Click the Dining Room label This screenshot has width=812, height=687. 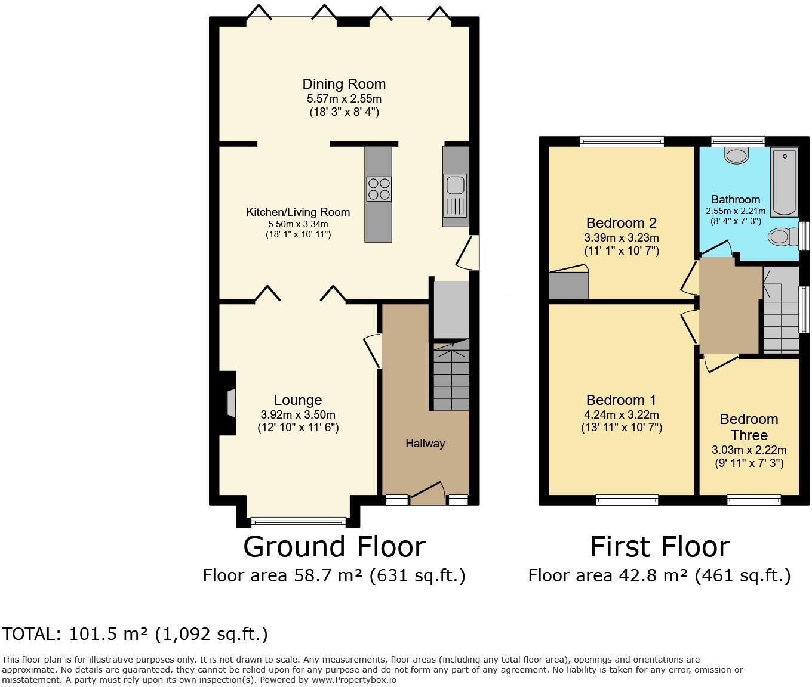(x=344, y=84)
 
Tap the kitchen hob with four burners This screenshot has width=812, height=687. (x=379, y=189)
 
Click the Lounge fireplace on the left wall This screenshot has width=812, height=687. (x=229, y=403)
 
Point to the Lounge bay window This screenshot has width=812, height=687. (x=298, y=522)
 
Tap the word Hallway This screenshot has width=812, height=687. (x=425, y=443)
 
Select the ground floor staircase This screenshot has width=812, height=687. (x=451, y=376)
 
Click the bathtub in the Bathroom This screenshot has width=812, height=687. (x=784, y=182)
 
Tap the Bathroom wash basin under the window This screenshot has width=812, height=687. (x=737, y=156)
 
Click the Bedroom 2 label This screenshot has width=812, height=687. (x=621, y=223)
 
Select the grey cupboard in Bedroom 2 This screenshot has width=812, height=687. (x=568, y=285)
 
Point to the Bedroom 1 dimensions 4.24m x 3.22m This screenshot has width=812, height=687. (x=621, y=414)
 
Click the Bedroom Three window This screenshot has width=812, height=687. (x=753, y=500)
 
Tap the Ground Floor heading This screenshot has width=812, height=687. (x=334, y=547)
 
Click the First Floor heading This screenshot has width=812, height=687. (x=659, y=547)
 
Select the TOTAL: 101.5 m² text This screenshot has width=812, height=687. (x=135, y=634)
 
